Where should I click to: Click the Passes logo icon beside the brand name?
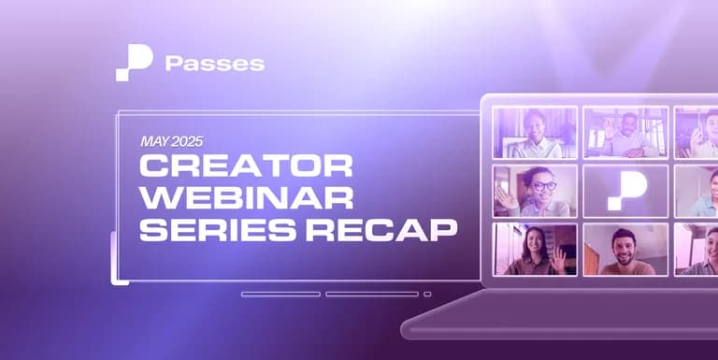(134, 63)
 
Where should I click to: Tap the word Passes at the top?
(214, 64)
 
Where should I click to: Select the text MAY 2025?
(171, 142)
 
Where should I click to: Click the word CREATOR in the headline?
(246, 166)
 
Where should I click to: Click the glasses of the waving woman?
(545, 185)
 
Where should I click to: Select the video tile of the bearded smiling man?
(625, 249)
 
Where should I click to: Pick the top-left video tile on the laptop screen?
(535, 131)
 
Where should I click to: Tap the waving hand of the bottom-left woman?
(559, 259)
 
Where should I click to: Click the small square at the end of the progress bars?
(427, 294)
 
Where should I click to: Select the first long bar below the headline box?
(280, 294)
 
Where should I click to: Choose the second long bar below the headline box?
(372, 294)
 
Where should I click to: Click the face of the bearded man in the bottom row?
(624, 246)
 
